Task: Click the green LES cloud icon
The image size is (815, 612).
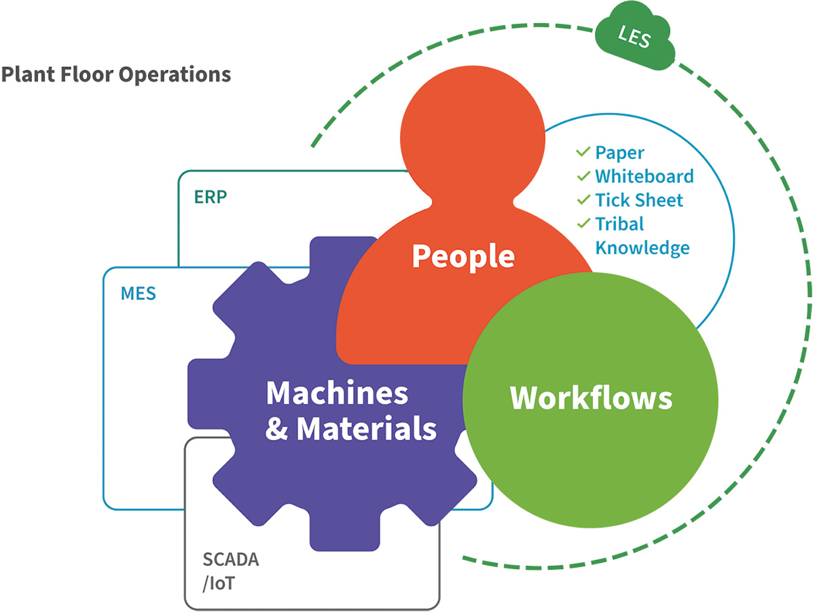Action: [x=634, y=37]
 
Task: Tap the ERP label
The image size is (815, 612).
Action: [x=211, y=197]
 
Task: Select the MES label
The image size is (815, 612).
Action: [x=138, y=294]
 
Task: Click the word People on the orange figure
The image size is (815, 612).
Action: [x=463, y=257]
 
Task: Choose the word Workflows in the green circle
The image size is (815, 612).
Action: [x=591, y=398]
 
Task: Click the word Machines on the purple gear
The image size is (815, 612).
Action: [x=337, y=393]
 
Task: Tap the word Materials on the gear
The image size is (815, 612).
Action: [x=367, y=429]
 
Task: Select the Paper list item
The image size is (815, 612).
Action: [x=620, y=153]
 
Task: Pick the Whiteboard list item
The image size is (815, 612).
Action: [x=644, y=177]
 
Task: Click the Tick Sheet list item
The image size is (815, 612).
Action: [x=639, y=201]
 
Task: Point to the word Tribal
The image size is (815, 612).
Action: [x=620, y=224]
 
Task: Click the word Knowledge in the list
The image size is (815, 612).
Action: [x=642, y=248]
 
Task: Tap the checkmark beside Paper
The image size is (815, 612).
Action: [x=584, y=152]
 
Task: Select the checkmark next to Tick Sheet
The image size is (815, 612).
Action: [x=584, y=199]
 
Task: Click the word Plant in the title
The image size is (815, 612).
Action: [x=28, y=75]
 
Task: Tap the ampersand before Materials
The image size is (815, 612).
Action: [x=277, y=429]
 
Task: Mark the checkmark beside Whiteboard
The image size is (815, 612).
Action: [x=584, y=176]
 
